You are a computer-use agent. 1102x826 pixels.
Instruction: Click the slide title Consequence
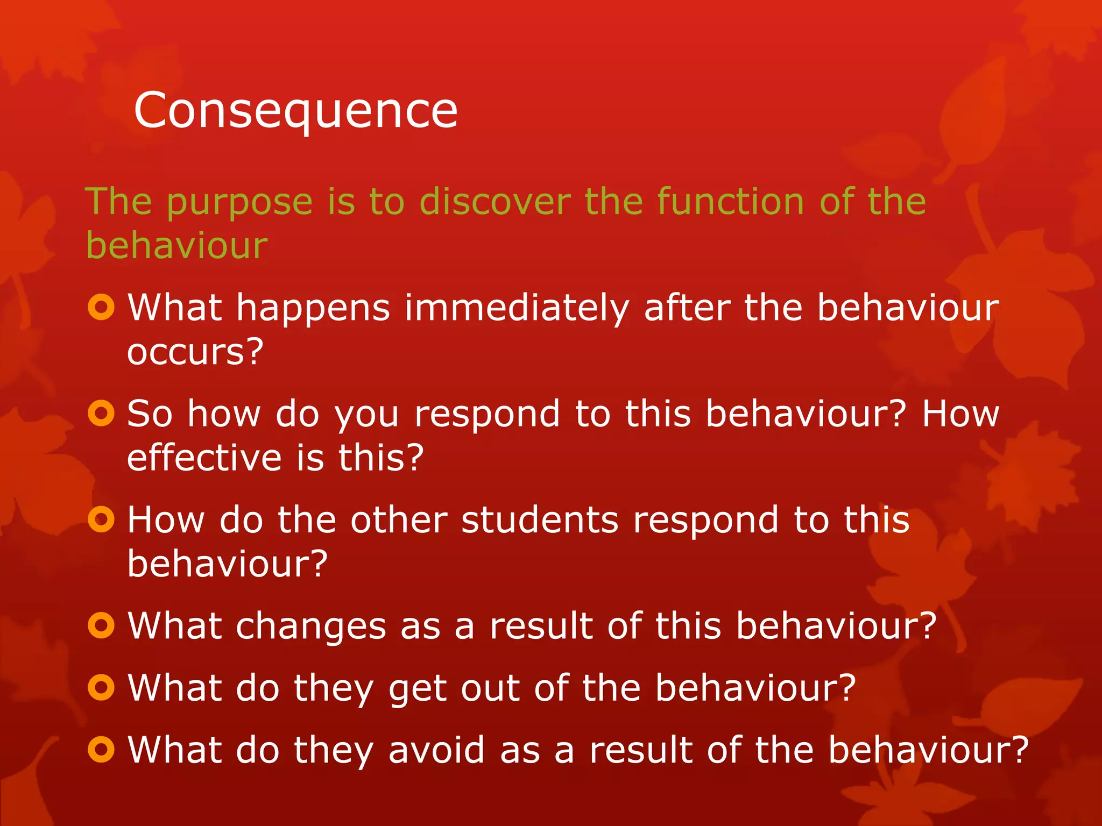click(x=295, y=111)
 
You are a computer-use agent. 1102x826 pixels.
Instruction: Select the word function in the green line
click(x=731, y=201)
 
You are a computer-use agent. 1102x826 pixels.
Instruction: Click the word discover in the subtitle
click(x=495, y=201)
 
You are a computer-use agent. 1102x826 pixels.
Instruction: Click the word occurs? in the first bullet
click(x=195, y=352)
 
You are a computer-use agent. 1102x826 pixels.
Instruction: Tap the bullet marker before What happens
click(x=101, y=308)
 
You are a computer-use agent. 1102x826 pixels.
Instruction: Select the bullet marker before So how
click(x=101, y=414)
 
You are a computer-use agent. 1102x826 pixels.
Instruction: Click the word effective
click(x=204, y=458)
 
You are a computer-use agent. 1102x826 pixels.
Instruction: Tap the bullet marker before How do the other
click(x=101, y=519)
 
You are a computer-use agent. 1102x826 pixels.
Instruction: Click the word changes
click(x=311, y=626)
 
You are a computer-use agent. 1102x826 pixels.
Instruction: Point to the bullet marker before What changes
click(x=101, y=625)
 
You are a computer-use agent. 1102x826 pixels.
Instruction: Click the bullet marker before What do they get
click(x=101, y=687)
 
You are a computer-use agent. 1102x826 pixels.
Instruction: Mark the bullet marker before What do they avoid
click(x=101, y=750)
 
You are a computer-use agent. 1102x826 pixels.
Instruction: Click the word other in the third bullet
click(x=399, y=520)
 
